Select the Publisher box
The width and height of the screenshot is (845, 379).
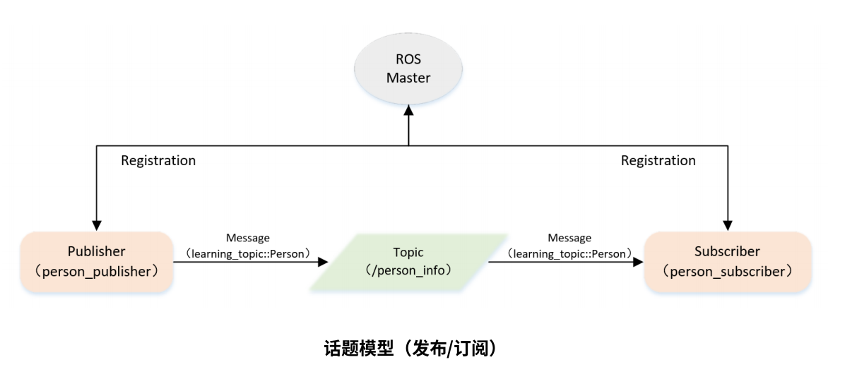tap(97, 261)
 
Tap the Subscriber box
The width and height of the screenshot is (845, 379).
tap(728, 261)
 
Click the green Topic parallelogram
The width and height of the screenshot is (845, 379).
tap(408, 261)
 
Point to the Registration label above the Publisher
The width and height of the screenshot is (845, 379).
tap(158, 161)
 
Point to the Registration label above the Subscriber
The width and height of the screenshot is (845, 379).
tap(658, 161)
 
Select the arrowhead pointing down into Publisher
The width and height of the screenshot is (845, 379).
tap(97, 225)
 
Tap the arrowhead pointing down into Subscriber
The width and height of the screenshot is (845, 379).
tap(728, 225)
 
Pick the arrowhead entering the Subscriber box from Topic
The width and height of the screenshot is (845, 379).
tap(637, 262)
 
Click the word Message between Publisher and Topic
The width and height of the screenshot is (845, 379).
tap(247, 239)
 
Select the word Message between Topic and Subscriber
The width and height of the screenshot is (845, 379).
tap(569, 239)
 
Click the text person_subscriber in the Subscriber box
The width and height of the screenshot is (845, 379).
tap(728, 270)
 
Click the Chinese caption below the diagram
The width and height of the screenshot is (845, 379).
tap(408, 349)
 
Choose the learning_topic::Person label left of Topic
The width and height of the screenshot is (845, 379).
tap(247, 251)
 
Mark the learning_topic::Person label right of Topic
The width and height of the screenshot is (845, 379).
tap(569, 251)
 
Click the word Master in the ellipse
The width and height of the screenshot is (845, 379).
tap(408, 78)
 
